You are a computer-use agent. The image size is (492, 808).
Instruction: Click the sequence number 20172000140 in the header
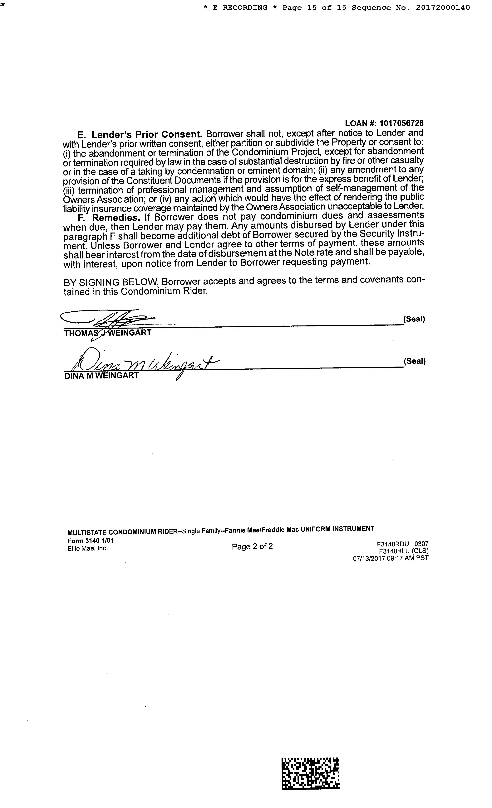(443, 7)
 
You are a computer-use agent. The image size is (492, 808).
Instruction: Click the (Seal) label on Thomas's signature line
(414, 319)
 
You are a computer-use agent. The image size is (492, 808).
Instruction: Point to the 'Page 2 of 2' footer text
(252, 546)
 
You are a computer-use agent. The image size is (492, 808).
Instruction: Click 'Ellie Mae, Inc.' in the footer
(88, 548)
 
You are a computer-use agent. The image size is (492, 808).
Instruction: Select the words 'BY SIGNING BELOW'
(111, 282)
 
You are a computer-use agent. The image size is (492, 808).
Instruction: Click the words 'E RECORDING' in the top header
(240, 7)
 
